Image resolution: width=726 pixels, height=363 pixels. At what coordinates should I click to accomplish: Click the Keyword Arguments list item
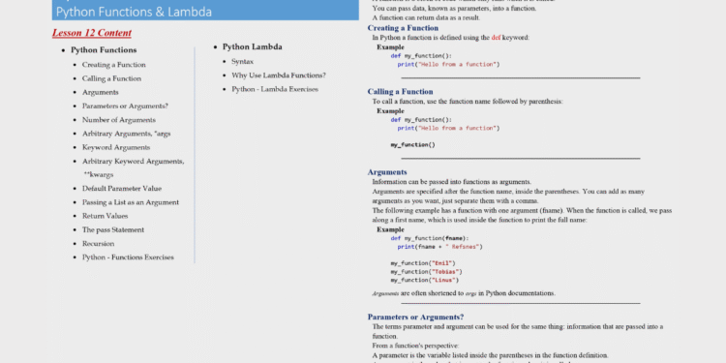[116, 147]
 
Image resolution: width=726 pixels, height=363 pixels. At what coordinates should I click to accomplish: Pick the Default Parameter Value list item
[121, 188]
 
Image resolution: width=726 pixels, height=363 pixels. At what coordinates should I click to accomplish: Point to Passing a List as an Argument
[130, 201]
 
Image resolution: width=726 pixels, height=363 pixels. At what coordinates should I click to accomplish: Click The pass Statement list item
[113, 229]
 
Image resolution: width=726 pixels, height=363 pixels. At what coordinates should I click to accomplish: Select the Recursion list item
[98, 244]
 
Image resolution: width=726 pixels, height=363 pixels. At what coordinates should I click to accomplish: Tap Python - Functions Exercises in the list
[127, 257]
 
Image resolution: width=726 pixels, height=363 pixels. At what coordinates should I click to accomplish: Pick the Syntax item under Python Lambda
[242, 61]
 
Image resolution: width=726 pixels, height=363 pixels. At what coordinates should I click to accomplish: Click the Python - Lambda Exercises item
[275, 88]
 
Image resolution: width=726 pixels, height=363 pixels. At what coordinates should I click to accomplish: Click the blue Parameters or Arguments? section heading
[415, 317]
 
